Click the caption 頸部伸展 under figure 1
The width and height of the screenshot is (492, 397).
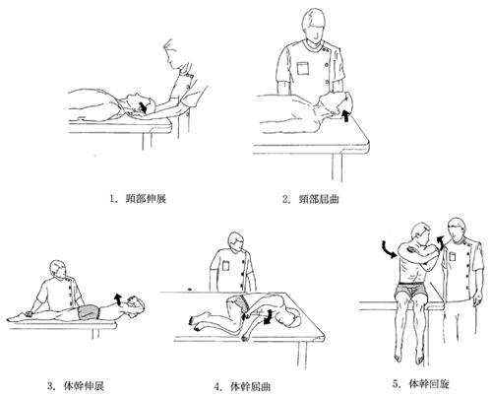[x=146, y=199]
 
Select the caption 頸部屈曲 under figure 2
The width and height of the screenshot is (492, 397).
[x=319, y=199]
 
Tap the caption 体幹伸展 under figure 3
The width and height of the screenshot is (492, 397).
[x=84, y=385]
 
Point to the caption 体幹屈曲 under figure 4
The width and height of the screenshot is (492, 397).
[x=251, y=386]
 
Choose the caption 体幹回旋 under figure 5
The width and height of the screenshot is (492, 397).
[x=429, y=383]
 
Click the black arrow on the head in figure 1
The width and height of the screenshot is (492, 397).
[x=143, y=107]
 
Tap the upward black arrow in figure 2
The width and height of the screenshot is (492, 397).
[x=344, y=115]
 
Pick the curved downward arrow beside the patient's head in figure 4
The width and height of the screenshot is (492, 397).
[x=269, y=316]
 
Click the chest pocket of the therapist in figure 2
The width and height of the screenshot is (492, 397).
[x=303, y=68]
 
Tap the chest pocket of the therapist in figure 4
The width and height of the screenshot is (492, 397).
[x=226, y=265]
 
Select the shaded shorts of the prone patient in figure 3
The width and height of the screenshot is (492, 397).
[x=89, y=311]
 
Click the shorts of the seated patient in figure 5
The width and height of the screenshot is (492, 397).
[x=412, y=289]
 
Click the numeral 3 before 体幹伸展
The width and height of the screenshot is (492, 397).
[x=50, y=386]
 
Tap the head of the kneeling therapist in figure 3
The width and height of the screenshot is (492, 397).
[x=58, y=270]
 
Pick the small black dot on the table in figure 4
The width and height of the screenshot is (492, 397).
[x=189, y=290]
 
